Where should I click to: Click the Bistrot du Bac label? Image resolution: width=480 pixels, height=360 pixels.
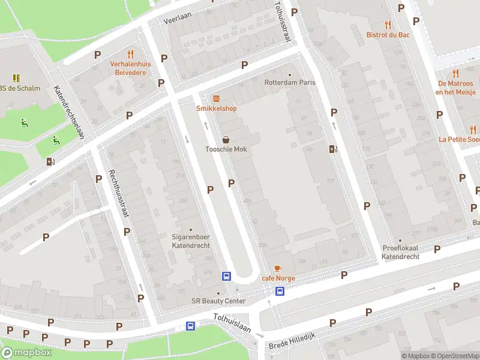pos(388,35)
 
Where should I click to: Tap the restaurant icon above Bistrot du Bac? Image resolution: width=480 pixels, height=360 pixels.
pos(388,25)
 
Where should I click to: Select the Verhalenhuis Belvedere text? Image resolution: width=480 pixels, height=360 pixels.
pos(131,67)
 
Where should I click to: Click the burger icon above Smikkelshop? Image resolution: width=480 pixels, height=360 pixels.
pos(216,98)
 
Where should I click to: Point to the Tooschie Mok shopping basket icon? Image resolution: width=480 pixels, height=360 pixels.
pos(226,139)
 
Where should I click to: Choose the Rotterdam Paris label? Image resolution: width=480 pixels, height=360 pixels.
pos(290,82)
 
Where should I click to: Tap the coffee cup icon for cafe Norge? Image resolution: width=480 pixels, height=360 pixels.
pos(277,268)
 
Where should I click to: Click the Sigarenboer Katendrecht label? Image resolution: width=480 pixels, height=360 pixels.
pos(191,241)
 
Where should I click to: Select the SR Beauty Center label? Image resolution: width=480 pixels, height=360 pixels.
pos(218,301)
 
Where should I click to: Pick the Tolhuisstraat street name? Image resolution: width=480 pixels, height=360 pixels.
pos(283,21)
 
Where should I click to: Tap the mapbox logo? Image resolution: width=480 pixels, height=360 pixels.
pos(26,352)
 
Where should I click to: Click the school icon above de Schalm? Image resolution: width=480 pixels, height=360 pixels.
pos(17,78)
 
